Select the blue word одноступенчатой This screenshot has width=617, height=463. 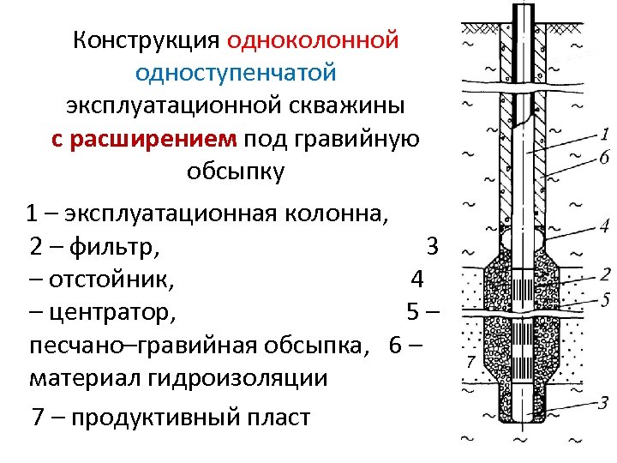click(x=236, y=73)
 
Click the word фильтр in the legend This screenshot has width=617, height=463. click(x=114, y=248)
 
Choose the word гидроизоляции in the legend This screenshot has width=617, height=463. click(x=246, y=377)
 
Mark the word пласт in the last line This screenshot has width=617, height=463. click(x=278, y=418)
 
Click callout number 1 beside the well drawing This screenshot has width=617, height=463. click(x=605, y=134)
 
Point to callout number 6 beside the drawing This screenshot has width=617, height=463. click(x=605, y=157)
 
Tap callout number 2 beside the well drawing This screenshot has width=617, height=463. click(x=605, y=274)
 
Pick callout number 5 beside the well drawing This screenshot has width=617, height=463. click(x=605, y=299)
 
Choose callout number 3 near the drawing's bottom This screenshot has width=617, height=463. click(x=605, y=401)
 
